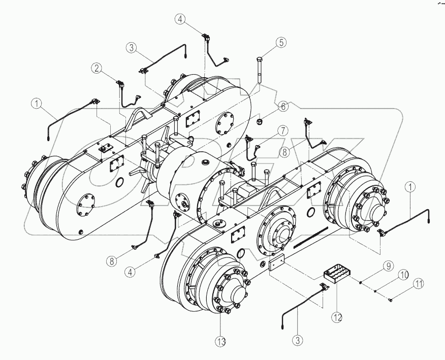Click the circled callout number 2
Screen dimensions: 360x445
tap(97, 68)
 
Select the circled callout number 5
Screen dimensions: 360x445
tap(280, 43)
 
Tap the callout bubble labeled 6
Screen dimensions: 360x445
tap(283, 106)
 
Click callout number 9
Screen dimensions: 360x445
tap(387, 265)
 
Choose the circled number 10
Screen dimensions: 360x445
tap(402, 274)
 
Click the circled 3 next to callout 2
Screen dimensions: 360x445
tap(132, 48)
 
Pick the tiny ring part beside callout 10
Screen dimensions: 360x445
tap(375, 291)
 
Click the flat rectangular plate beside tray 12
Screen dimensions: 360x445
tap(277, 264)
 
